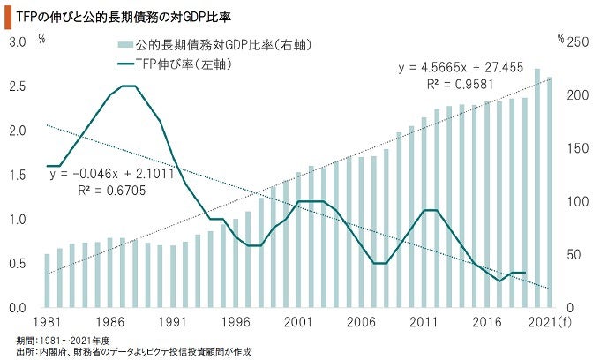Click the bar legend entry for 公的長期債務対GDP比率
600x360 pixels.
pos(216,44)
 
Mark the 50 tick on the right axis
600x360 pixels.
pos(577,255)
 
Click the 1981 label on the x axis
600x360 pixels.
pos(48,322)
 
